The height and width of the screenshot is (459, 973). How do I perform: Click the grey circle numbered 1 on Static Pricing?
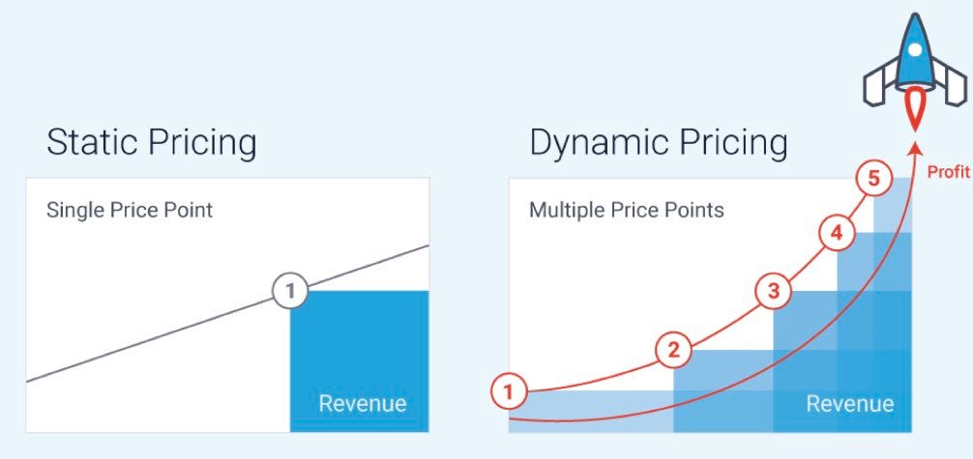point(290,290)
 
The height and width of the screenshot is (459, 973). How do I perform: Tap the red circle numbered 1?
point(509,391)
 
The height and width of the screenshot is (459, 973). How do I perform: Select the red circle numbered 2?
point(673,351)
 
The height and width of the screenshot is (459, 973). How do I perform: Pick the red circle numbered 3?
point(773,290)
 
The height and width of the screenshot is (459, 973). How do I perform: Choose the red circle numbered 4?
point(837,233)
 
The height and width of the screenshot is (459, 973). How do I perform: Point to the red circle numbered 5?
point(873,179)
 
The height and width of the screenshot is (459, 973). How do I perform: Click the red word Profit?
point(948,172)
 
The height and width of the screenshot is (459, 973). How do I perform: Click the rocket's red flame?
point(914,108)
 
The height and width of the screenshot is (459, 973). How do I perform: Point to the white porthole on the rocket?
point(915,49)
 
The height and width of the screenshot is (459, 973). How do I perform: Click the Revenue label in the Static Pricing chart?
point(363,403)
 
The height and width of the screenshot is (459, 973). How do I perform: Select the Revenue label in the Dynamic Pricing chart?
point(850,404)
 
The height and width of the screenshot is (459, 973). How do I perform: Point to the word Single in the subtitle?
point(74,211)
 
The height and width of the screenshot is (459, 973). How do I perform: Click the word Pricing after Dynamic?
point(733,143)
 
